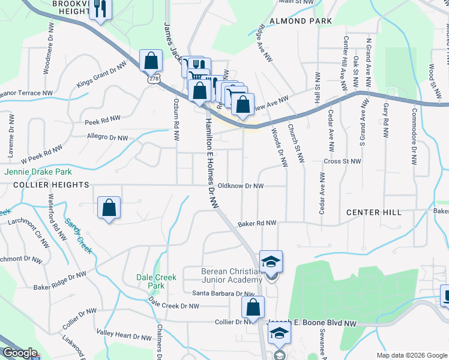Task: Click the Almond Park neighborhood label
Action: point(301,21)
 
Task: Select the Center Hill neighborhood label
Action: point(373,212)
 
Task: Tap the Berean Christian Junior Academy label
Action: point(232,275)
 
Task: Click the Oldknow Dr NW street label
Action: point(241,186)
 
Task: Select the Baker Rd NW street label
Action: point(256,223)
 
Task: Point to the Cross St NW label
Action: point(342,161)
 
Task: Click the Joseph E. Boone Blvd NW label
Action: point(318,323)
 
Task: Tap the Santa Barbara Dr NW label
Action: point(224,293)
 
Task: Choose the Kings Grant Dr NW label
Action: point(101,74)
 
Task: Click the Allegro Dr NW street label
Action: point(108,137)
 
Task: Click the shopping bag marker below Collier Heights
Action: point(109,208)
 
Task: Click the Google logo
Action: point(20,353)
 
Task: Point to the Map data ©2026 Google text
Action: point(411,355)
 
